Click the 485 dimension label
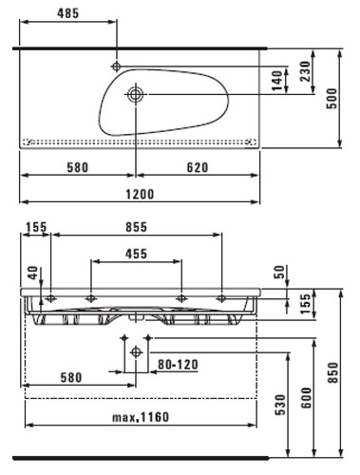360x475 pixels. [x=68, y=13]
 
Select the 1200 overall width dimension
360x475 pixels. [x=140, y=194]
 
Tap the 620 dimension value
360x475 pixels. [x=198, y=167]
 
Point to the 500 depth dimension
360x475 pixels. [x=332, y=99]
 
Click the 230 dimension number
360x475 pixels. [x=306, y=71]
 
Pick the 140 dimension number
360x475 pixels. [x=276, y=81]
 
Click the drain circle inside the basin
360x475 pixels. [x=136, y=94]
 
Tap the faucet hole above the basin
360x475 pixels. [x=117, y=66]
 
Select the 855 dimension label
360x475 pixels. [x=136, y=227]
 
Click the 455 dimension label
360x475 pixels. [x=136, y=254]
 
